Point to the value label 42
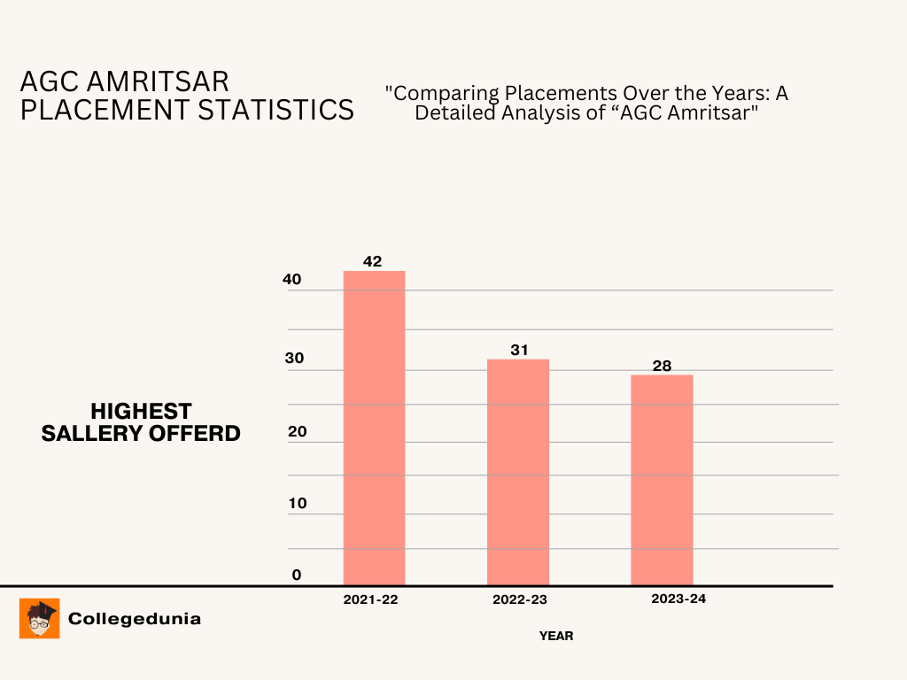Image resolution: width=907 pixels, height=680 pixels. tap(373, 261)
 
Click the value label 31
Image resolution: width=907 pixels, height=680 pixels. tap(519, 350)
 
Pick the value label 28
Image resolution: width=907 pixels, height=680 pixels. tap(662, 365)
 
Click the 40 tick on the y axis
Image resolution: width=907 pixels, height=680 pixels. tap(292, 279)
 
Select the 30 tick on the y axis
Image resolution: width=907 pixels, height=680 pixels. tap(293, 358)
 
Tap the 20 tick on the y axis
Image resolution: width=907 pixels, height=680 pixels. tap(296, 432)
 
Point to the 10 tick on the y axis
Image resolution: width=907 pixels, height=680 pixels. tap(297, 503)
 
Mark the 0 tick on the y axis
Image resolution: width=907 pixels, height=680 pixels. tap(297, 575)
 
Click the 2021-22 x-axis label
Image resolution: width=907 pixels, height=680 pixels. tap(371, 599)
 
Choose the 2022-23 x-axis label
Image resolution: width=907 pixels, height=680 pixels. tap(519, 599)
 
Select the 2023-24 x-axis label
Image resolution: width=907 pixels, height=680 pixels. tap(678, 599)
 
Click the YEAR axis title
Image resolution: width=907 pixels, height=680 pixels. tap(556, 636)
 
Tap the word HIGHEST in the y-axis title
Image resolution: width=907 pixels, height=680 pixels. tap(141, 412)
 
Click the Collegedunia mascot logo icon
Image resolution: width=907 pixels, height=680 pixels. tap(40, 618)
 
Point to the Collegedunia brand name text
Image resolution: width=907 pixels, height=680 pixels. tap(135, 619)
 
